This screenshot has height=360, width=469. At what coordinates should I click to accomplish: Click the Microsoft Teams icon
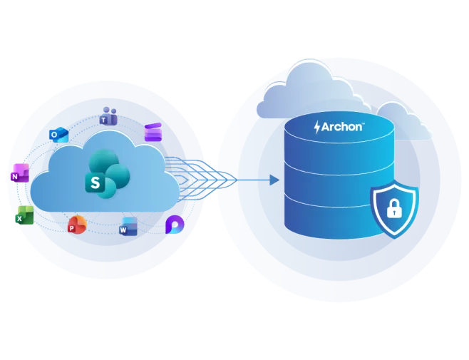[x=108, y=115]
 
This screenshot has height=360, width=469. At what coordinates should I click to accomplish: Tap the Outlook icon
[x=59, y=135]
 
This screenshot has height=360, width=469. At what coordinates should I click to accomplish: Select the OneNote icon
[x=20, y=173]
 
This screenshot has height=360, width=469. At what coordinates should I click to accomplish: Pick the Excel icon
[x=24, y=215]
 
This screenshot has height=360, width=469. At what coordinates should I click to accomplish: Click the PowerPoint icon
[x=77, y=225]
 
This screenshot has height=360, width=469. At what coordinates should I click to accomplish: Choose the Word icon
[x=128, y=227]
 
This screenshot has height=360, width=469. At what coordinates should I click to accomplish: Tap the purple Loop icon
[x=175, y=225]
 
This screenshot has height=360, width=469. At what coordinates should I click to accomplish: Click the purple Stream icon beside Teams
[x=153, y=132]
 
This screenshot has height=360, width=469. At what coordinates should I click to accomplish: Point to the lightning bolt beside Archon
[x=317, y=127]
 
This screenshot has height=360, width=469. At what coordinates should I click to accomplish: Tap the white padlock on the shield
[x=394, y=208]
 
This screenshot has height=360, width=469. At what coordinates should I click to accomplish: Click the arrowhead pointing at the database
[x=274, y=180]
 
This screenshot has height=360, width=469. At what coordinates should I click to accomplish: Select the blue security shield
[x=394, y=209]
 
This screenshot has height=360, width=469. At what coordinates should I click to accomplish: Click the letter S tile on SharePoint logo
[x=95, y=182]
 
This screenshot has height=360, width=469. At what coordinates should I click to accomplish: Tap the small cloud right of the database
[x=404, y=121]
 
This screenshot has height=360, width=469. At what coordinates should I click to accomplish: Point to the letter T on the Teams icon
[x=103, y=120]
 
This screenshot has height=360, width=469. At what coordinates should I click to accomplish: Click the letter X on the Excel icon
[x=19, y=219]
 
